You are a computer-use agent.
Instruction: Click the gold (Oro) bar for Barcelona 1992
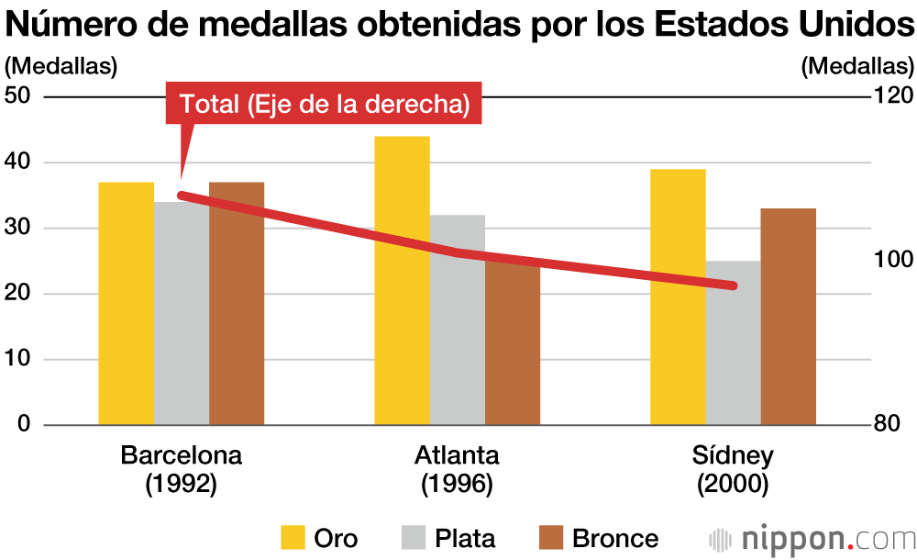coord(127,303)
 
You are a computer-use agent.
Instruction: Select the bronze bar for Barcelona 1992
coord(237,303)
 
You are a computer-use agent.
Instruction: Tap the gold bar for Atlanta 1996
coord(402,280)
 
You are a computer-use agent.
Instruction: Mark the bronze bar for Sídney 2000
coord(788,317)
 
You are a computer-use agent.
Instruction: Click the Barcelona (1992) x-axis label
coord(182,469)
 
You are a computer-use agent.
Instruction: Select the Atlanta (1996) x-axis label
coord(457,469)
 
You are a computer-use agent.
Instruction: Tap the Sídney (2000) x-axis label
coord(732,469)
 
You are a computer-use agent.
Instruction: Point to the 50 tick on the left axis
coord(18,96)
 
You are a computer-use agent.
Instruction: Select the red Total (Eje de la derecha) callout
coord(324,105)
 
